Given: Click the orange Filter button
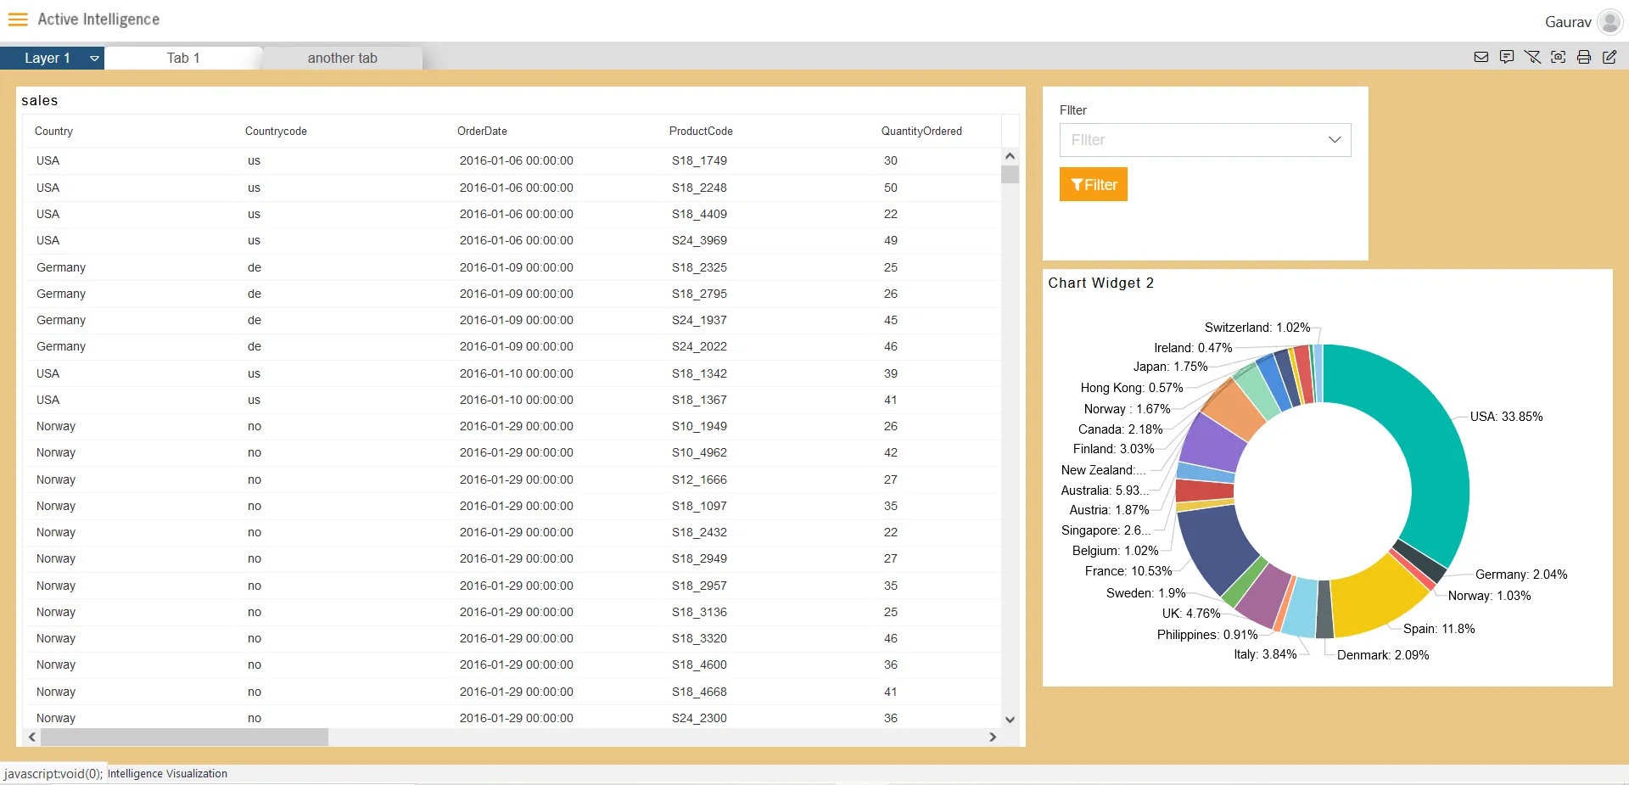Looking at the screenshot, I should click(1093, 184).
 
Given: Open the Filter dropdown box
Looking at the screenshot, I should click(1205, 140).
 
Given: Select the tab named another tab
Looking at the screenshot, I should click(342, 58).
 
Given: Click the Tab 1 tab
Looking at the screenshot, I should click(183, 58).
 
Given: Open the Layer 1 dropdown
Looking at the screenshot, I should click(93, 58).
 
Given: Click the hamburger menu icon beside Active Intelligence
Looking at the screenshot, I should click(18, 20).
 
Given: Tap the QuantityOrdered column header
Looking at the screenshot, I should click(921, 131).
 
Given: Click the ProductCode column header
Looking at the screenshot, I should click(700, 131).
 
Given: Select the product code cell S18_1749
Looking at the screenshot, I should click(699, 160).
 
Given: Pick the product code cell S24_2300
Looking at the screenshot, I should click(699, 718).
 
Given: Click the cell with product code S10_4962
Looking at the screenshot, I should click(699, 452).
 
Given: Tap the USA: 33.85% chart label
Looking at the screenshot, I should click(1506, 417).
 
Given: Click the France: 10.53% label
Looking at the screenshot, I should click(1128, 571).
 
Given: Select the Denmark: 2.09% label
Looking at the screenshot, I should click(1383, 655).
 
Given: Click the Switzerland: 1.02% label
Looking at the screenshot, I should click(1257, 328).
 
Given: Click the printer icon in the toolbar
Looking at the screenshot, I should click(1583, 57).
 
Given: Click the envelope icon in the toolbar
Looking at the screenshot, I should click(1481, 57).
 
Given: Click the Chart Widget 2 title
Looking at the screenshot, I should click(1100, 283).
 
